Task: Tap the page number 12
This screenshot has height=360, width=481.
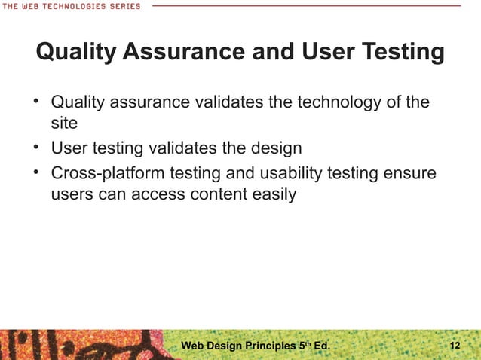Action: pos(455,346)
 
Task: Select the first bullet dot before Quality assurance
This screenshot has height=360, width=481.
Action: pos(36,100)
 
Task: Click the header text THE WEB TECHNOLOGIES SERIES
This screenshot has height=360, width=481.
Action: pos(71,6)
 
